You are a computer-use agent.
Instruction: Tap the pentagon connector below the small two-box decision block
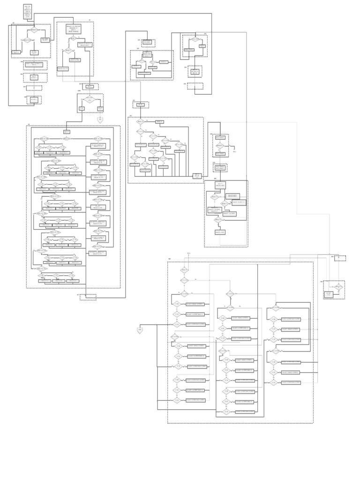tap(100, 120)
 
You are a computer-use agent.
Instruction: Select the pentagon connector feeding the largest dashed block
tap(140, 330)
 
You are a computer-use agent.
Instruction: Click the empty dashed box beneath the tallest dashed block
tap(88, 297)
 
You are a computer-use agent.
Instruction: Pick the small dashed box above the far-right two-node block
tap(340, 258)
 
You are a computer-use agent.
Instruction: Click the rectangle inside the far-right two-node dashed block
tap(329, 294)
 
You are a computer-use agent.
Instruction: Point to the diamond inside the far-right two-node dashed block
tap(338, 286)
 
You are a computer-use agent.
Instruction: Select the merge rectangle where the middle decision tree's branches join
tap(197, 176)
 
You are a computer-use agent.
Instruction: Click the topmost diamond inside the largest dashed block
tap(184, 270)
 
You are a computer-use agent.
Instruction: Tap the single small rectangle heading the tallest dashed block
tap(67, 132)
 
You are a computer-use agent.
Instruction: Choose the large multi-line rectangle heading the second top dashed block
tap(76, 29)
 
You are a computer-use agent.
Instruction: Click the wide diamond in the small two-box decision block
tap(90, 99)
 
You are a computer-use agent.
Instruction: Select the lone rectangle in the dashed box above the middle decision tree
tap(141, 105)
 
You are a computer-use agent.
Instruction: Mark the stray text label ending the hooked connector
tap(235, 152)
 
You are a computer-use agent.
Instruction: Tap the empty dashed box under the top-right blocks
tap(195, 86)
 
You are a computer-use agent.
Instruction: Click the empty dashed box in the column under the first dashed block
tap(34, 88)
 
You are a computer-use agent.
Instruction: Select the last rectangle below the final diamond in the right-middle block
tap(220, 232)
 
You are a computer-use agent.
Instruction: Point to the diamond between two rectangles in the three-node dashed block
tap(219, 145)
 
